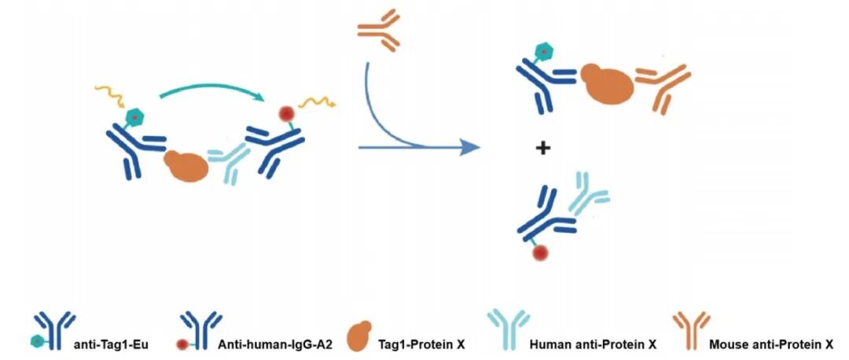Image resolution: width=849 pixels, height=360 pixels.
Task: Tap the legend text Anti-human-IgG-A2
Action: pyautogui.click(x=269, y=344)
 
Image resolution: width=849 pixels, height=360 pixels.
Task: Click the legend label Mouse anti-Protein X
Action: pyautogui.click(x=770, y=344)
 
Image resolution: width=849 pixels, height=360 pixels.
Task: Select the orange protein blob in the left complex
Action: pyautogui.click(x=186, y=165)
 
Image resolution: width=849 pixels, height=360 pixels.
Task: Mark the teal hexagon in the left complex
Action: pyautogui.click(x=134, y=118)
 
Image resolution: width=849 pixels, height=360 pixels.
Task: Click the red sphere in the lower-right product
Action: pyautogui.click(x=539, y=254)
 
